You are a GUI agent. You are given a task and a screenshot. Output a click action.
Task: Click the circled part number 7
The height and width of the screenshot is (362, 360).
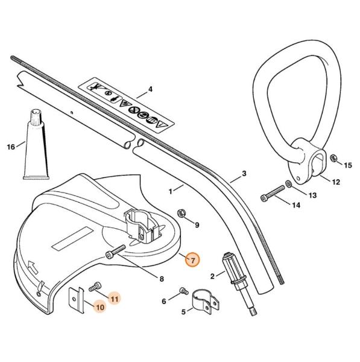click(x=192, y=261)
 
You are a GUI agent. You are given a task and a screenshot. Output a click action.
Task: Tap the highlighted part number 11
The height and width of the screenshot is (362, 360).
click(x=115, y=299)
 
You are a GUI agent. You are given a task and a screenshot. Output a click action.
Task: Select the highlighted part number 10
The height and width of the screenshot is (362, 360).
click(x=100, y=307)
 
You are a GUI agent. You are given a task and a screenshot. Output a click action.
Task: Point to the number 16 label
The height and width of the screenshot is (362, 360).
click(x=11, y=147)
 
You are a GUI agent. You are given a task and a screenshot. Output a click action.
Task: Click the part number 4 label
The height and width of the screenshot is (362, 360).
click(x=150, y=89)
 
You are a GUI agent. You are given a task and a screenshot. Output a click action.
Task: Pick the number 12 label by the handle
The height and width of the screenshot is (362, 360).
click(x=336, y=182)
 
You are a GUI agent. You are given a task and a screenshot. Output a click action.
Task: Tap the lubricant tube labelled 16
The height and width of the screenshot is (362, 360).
click(x=36, y=145)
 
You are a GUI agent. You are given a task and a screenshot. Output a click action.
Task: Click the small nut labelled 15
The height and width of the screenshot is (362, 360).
click(x=333, y=159)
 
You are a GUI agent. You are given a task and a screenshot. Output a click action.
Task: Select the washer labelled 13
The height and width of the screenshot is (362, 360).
click(x=288, y=184)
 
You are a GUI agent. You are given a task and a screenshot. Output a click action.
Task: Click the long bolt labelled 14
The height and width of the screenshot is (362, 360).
click(x=273, y=194)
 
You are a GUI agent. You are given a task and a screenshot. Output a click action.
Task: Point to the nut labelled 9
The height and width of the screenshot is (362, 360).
click(x=181, y=214)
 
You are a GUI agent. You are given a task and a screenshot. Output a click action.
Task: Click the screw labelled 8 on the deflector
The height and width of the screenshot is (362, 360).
click(x=115, y=251)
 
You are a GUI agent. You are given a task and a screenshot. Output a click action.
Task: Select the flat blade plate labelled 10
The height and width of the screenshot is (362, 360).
click(x=77, y=300)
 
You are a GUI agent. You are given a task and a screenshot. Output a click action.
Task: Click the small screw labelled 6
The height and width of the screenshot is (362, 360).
click(x=184, y=291)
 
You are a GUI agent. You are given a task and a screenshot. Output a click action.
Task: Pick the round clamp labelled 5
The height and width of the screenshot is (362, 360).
click(x=206, y=302)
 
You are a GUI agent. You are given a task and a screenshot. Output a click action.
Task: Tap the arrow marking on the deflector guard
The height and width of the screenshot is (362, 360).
click(x=33, y=267)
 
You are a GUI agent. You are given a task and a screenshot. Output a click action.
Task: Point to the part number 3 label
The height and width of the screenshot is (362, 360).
click(x=244, y=173)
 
